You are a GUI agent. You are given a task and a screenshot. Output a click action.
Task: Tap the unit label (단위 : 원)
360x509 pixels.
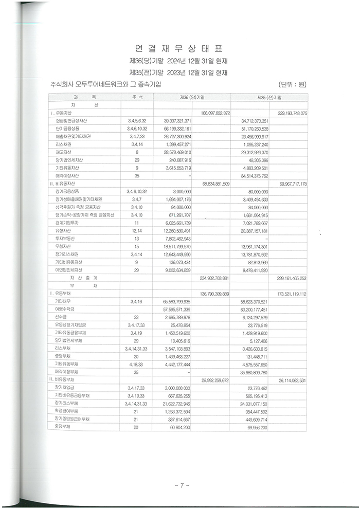point(292,84)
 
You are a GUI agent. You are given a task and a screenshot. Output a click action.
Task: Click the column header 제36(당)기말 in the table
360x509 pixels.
point(192,97)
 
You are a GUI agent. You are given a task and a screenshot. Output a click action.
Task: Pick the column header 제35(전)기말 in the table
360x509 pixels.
point(269,97)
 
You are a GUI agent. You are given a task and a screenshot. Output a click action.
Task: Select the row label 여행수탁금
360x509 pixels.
point(65,310)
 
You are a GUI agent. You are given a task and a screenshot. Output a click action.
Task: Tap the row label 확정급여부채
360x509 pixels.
point(66,411)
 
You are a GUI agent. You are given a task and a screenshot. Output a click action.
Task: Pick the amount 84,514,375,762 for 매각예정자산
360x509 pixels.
point(250,175)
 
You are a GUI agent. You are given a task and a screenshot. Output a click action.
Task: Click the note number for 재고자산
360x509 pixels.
point(137,152)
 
